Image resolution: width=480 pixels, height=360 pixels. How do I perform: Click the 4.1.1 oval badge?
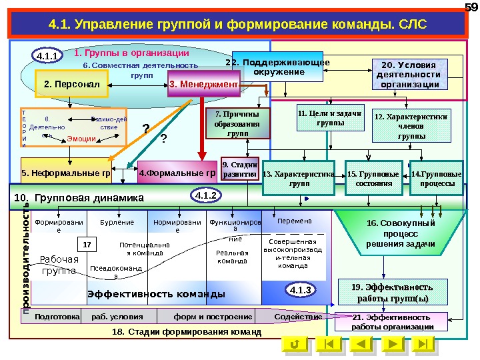[x=47, y=56]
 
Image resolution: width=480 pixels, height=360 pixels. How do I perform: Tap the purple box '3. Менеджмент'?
[x=203, y=85]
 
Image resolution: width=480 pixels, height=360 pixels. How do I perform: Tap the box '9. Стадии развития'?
[x=239, y=169]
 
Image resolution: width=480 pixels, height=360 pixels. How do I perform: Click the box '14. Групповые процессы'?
[x=437, y=178]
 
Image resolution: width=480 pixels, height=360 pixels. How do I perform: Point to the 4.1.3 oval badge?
[x=301, y=290]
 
